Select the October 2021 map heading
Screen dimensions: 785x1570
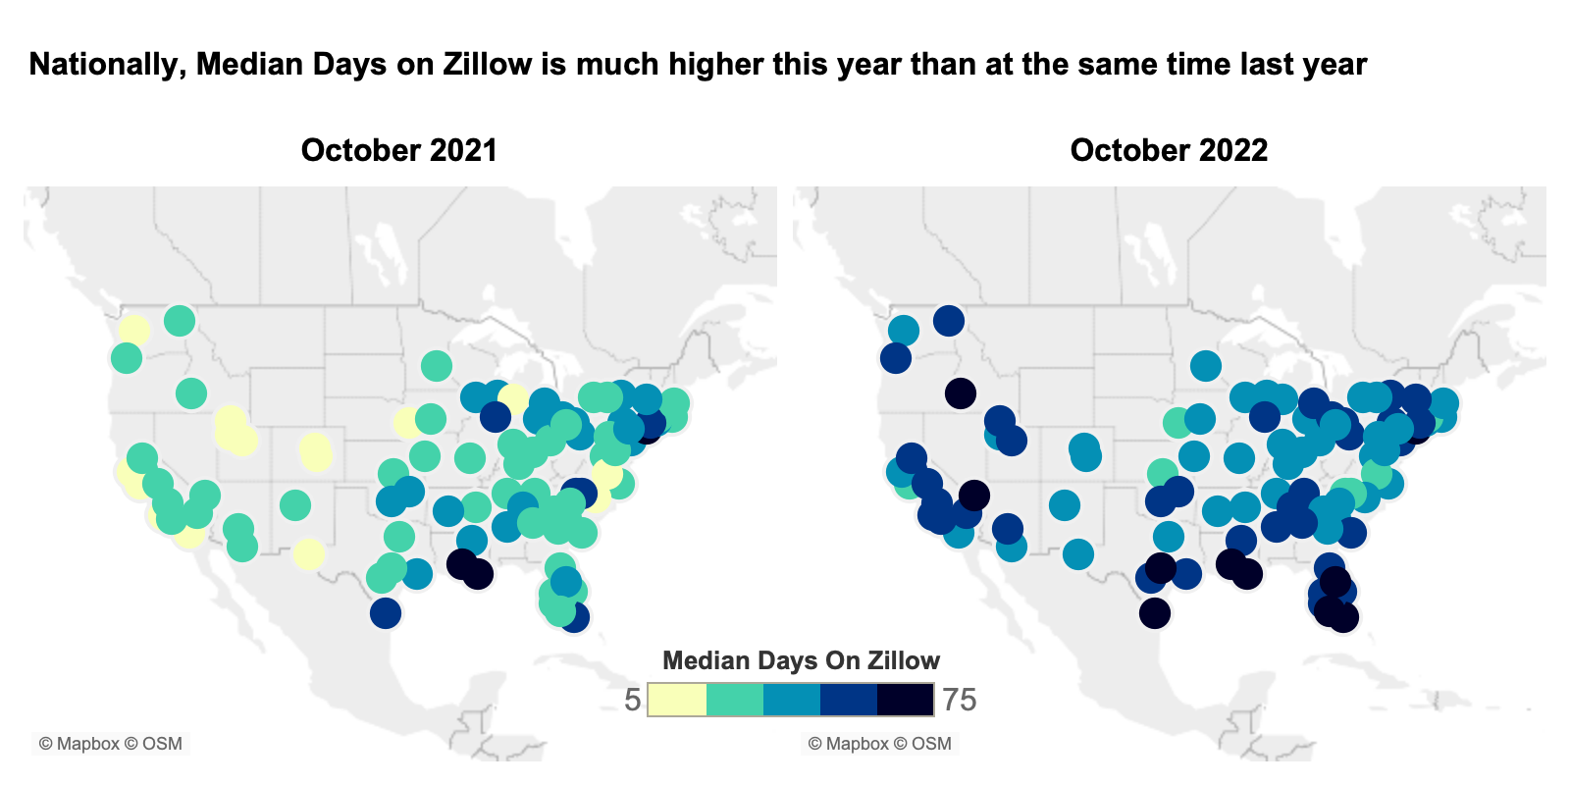tap(398, 150)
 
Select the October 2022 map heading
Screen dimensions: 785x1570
tap(1169, 150)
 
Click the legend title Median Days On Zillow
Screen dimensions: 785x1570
tap(801, 660)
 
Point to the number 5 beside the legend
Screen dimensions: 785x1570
tap(633, 700)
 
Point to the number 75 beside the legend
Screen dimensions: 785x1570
tap(959, 700)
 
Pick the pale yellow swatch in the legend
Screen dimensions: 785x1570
tap(677, 700)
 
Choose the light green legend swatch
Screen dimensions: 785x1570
tap(734, 700)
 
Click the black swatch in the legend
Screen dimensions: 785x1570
tap(905, 700)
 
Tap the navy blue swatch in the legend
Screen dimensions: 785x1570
tap(848, 700)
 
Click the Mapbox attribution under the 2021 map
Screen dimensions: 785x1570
tap(110, 744)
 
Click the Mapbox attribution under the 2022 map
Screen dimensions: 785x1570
tap(879, 744)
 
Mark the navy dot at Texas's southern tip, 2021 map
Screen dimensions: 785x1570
tap(386, 613)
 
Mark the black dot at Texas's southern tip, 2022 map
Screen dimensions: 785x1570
tap(1155, 613)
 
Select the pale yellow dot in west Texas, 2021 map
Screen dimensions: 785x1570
tap(308, 553)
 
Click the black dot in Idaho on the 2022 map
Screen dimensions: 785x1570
tap(961, 393)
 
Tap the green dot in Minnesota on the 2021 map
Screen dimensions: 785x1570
tap(437, 366)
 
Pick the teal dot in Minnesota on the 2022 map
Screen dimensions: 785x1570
tap(1206, 366)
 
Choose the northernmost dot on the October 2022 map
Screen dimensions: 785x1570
tap(949, 320)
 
